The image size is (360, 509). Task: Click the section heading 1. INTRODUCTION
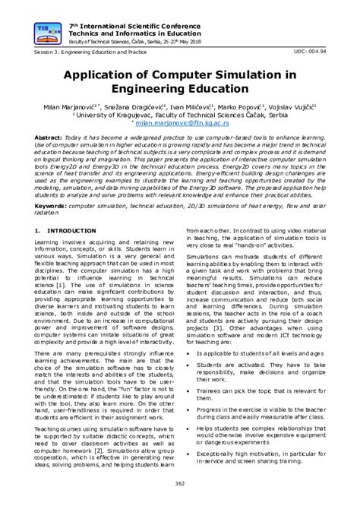(x=68, y=230)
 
